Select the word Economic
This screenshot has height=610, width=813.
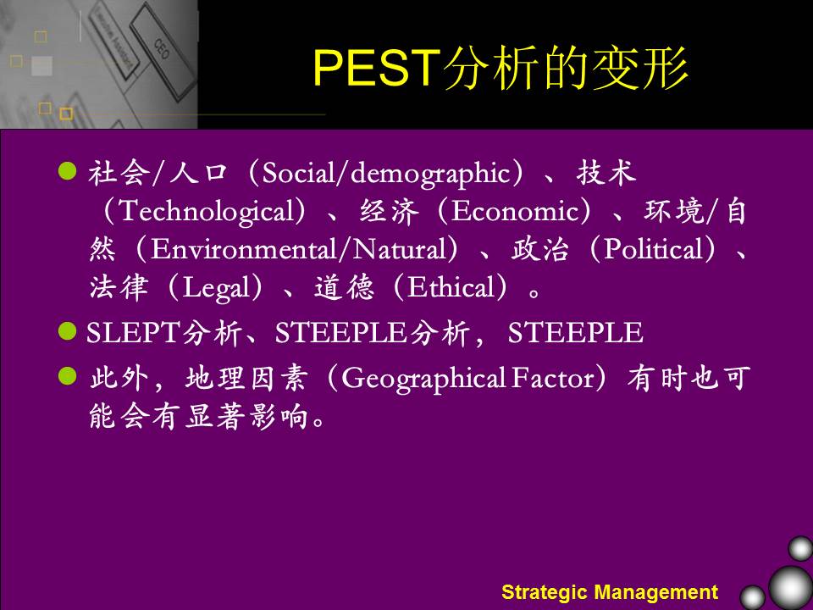click(514, 211)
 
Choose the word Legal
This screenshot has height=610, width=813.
click(216, 288)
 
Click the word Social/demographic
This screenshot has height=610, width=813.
click(386, 174)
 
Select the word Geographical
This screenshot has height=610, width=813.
click(423, 380)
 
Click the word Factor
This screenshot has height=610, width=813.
click(553, 378)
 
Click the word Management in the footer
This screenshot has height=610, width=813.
click(655, 592)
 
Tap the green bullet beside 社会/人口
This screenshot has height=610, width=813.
click(68, 170)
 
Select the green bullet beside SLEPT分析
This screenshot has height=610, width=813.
click(68, 331)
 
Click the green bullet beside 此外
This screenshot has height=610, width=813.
click(68, 376)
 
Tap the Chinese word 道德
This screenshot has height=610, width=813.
click(344, 287)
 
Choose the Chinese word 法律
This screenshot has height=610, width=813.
click(119, 287)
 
